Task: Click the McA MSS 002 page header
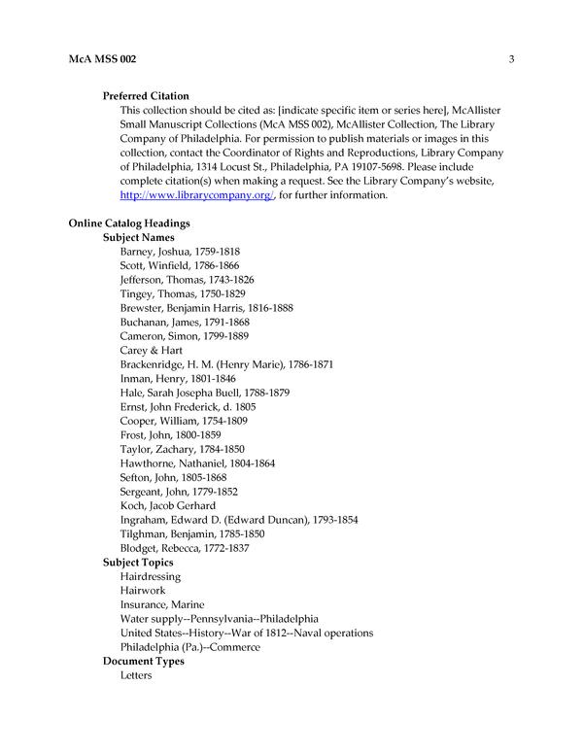click(102, 60)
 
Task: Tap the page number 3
click(510, 60)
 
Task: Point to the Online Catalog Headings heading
click(128, 223)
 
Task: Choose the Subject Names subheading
click(139, 237)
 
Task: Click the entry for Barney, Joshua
click(180, 252)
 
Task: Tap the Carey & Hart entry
click(151, 350)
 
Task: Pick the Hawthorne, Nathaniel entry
click(197, 463)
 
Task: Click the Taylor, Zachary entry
click(182, 449)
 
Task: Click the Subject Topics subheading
click(139, 563)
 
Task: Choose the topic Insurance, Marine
click(162, 604)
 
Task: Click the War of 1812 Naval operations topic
click(247, 633)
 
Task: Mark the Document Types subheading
click(144, 661)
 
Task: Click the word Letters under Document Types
click(136, 675)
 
